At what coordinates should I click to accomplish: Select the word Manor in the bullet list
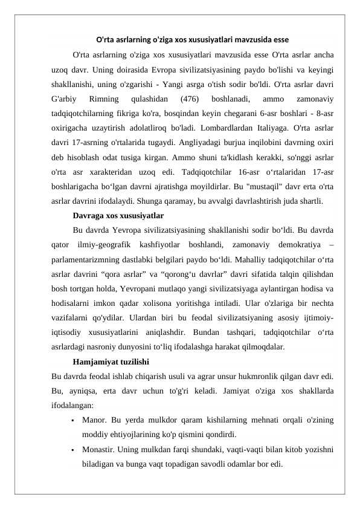[93, 419]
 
